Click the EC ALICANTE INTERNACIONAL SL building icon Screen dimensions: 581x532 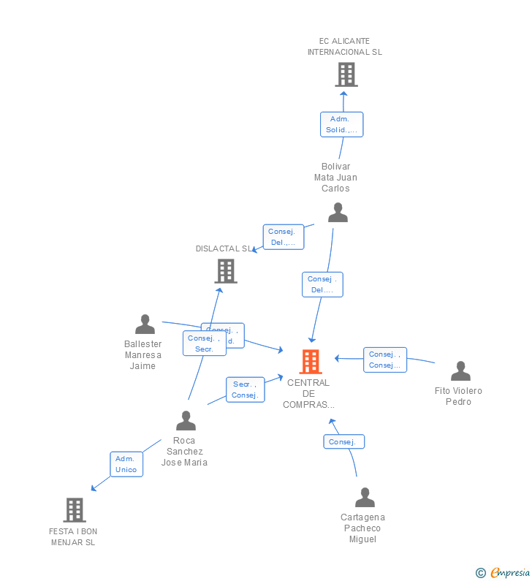pyautogui.click(x=346, y=75)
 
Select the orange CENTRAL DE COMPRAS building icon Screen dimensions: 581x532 pyautogui.click(x=311, y=361)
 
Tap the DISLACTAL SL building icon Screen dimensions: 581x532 pyautogui.click(x=226, y=271)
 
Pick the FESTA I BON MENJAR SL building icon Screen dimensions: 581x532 pyautogui.click(x=75, y=509)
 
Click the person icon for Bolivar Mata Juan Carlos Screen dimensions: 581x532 pyautogui.click(x=338, y=213)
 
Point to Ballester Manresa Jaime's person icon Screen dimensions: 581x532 pyautogui.click(x=145, y=324)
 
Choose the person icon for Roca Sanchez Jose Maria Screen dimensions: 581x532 pyautogui.click(x=186, y=421)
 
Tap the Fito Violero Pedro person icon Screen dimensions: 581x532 pyautogui.click(x=460, y=371)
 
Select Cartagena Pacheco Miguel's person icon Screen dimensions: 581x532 pyautogui.click(x=365, y=498)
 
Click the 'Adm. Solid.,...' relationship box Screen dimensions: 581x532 pyautogui.click(x=341, y=124)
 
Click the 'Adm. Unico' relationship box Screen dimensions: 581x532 pyautogui.click(x=126, y=464)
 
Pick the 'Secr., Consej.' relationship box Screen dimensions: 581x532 pyautogui.click(x=245, y=390)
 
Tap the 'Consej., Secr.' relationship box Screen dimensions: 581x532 pyautogui.click(x=204, y=343)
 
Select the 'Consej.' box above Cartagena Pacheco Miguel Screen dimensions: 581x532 pyautogui.click(x=343, y=441)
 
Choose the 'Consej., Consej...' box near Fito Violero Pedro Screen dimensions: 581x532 pyautogui.click(x=384, y=360)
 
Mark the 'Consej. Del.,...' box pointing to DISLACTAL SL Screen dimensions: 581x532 pyautogui.click(x=283, y=237)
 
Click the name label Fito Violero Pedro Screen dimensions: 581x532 pyautogui.click(x=458, y=396)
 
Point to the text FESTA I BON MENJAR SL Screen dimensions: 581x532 pyautogui.click(x=73, y=537)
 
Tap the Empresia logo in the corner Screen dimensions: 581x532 pyautogui.click(x=503, y=573)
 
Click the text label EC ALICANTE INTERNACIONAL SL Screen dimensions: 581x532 pyautogui.click(x=344, y=47)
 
